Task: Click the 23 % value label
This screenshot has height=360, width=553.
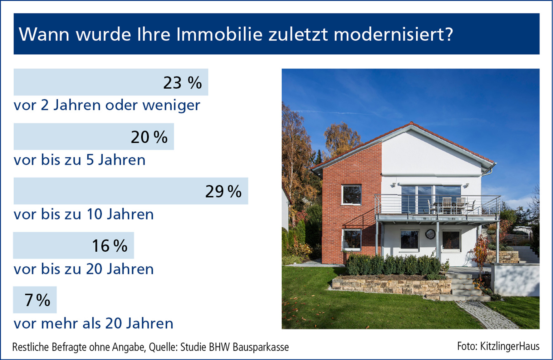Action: click(x=183, y=83)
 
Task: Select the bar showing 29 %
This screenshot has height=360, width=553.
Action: click(x=131, y=191)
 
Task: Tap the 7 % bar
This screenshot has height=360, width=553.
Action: click(x=35, y=300)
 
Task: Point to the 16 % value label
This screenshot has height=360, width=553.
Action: click(x=110, y=246)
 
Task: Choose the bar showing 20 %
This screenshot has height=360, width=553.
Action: click(x=94, y=136)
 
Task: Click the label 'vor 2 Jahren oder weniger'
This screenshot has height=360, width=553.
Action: click(x=107, y=105)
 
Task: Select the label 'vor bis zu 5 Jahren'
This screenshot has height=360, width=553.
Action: click(x=80, y=160)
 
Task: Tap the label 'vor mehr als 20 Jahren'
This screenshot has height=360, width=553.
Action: click(x=93, y=323)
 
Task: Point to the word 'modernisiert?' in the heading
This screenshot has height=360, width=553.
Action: click(x=393, y=34)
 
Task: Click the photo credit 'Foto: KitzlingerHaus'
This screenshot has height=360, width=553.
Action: click(x=498, y=346)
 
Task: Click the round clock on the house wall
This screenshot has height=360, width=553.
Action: click(x=430, y=234)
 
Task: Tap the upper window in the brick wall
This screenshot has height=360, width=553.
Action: click(x=351, y=195)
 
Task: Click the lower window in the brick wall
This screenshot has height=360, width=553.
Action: click(x=352, y=240)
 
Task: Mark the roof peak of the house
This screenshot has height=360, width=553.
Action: click(x=412, y=123)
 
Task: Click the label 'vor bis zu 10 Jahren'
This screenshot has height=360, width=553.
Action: click(x=84, y=215)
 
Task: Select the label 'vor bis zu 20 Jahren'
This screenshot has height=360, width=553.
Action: click(x=84, y=269)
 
